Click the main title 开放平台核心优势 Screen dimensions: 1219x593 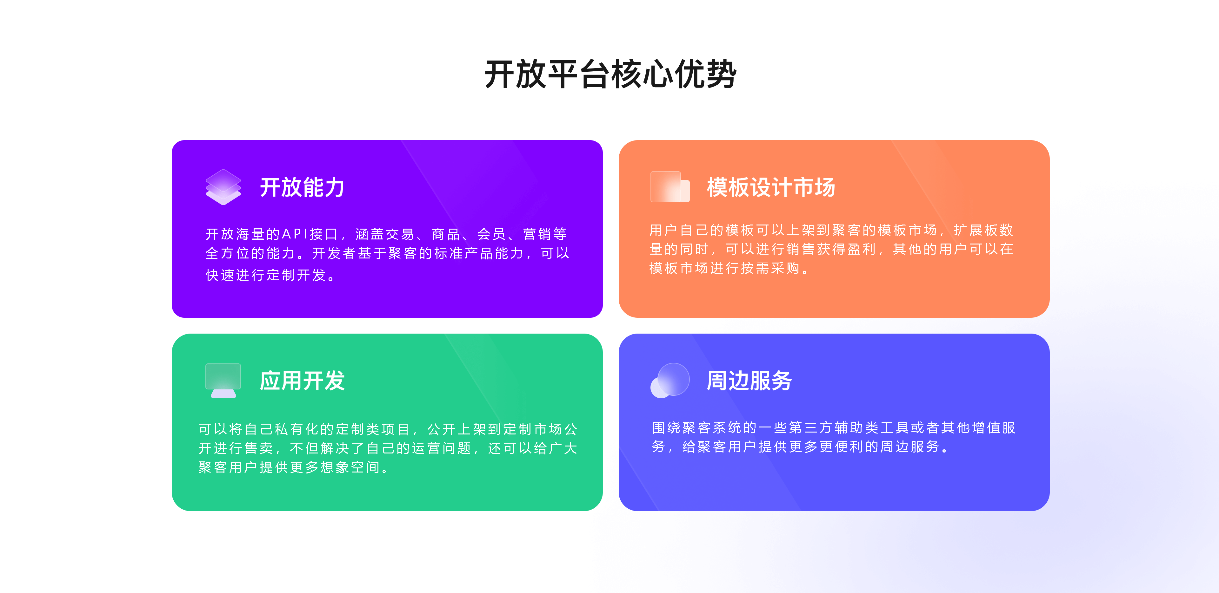(610, 74)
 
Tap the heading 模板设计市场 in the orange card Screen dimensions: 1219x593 (771, 187)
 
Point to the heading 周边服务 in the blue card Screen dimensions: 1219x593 (749, 381)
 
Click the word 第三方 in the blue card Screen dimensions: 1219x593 (812, 427)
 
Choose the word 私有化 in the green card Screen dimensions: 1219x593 (297, 429)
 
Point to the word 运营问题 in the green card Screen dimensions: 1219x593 (442, 448)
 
